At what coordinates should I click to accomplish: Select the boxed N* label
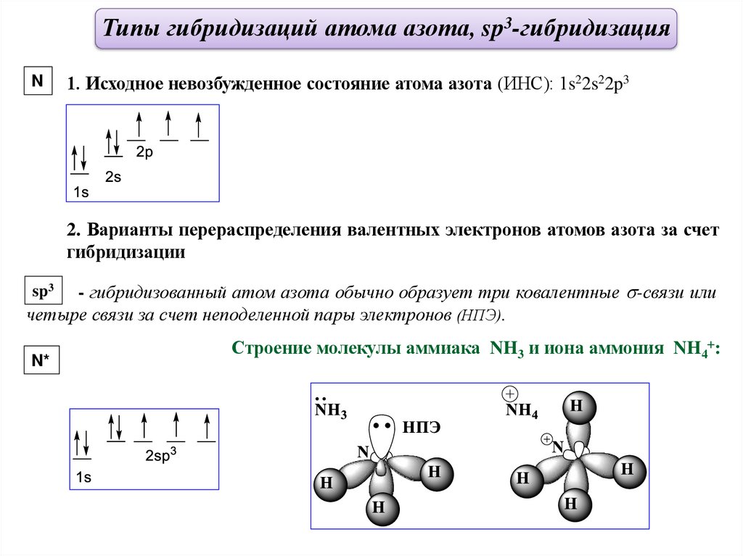click(41, 361)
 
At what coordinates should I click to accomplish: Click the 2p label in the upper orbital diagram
click(144, 153)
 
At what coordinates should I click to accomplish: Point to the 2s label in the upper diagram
click(113, 176)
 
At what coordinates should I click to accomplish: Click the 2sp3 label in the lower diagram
click(161, 456)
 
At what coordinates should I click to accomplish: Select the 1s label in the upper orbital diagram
click(81, 192)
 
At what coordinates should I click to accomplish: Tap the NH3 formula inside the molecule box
click(330, 412)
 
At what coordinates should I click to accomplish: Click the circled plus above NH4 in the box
click(510, 394)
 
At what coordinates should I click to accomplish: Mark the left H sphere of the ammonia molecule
click(327, 484)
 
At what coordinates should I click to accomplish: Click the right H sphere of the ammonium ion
click(626, 470)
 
